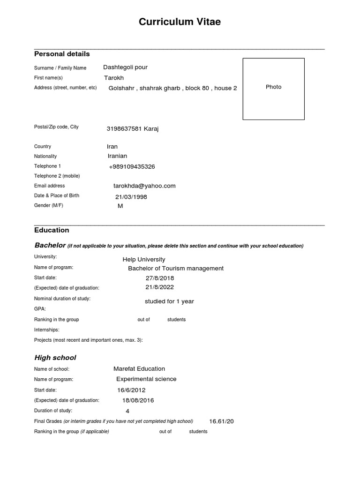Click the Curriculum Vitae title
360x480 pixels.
click(180, 22)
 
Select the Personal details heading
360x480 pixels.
click(62, 54)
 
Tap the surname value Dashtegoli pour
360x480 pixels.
click(125, 67)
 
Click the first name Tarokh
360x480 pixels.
click(114, 78)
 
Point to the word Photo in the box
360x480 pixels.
click(273, 87)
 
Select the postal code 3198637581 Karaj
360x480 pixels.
click(133, 129)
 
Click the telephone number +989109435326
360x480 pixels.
click(132, 167)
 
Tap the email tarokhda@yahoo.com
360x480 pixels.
click(141, 186)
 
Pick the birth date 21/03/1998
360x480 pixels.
click(131, 197)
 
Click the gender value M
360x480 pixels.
click(120, 206)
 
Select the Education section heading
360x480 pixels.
click(52, 230)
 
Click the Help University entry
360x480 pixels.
click(144, 260)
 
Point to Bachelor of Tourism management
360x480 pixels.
click(176, 269)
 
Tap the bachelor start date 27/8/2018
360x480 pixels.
click(160, 278)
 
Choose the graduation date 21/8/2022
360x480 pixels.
click(160, 287)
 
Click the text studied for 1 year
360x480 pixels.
click(169, 301)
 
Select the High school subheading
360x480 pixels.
click(55, 358)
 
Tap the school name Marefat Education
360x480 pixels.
click(139, 369)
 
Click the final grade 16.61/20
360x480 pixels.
click(221, 421)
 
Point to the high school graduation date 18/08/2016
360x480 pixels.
click(138, 401)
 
